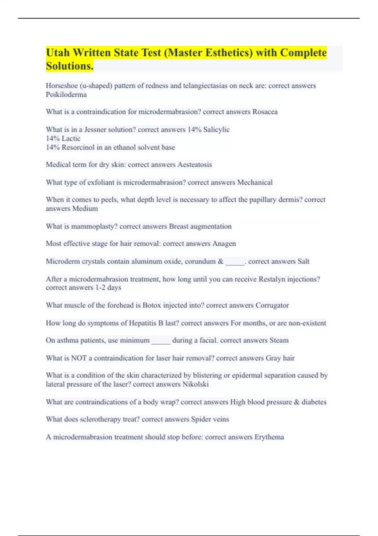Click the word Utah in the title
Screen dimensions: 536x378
point(58,53)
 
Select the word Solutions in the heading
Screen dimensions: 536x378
point(69,66)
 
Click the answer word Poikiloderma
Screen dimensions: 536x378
point(66,95)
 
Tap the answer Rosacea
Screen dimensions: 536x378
point(265,112)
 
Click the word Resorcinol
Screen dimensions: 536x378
point(78,148)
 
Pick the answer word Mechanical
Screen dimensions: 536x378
point(255,183)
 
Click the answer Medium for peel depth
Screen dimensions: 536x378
point(85,209)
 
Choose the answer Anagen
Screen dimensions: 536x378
point(224,244)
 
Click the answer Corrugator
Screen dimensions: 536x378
point(272,306)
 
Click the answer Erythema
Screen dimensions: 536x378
point(269,437)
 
